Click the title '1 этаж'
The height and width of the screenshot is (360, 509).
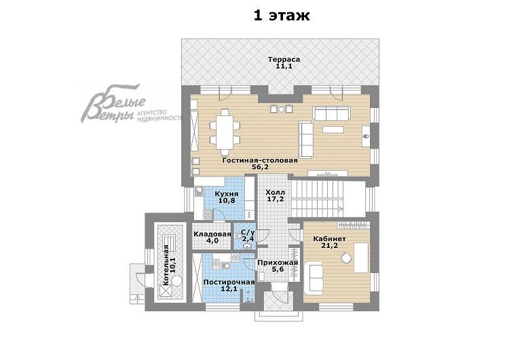[282, 15]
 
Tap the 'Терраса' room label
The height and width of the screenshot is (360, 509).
[284, 60]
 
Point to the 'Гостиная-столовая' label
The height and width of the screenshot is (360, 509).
[260, 160]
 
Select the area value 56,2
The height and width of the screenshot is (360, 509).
[260, 167]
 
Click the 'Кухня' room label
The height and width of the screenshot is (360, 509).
[227, 194]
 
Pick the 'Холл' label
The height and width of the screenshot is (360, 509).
[275, 192]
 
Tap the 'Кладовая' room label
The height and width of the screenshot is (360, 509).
[212, 234]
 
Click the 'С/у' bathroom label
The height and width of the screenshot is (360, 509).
[248, 232]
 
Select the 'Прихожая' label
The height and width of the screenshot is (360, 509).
[278, 262]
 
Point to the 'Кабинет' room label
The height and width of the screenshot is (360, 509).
[329, 239]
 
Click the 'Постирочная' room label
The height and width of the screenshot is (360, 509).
[229, 282]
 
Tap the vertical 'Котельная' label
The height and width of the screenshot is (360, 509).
[166, 266]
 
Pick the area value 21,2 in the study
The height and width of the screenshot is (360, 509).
[329, 246]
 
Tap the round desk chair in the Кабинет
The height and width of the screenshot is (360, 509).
[346, 258]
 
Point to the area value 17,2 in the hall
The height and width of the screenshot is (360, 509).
[276, 199]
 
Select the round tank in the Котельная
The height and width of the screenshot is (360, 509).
[177, 280]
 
